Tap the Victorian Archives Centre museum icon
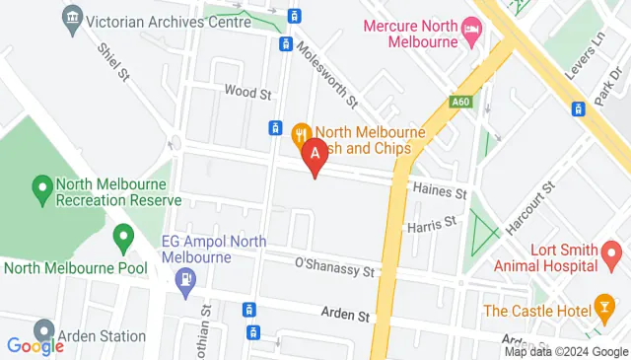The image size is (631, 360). (72, 18)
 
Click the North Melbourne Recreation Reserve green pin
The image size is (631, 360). (42, 185)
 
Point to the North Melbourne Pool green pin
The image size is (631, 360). (123, 237)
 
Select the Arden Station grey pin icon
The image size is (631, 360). (44, 331)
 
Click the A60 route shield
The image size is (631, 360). (460, 101)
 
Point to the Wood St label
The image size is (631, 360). (247, 93)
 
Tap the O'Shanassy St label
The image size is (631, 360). (336, 265)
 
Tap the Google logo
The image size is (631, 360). (35, 346)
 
